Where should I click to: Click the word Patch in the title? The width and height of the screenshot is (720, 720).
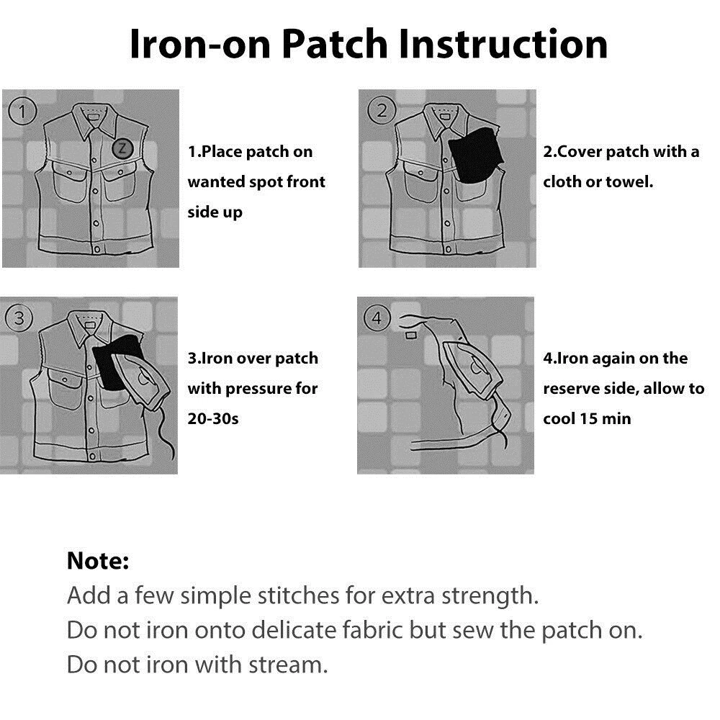click(336, 45)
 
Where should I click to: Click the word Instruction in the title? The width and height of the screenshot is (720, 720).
click(503, 45)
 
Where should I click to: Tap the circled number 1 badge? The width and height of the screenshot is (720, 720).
click(22, 111)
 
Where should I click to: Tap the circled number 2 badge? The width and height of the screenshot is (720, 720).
click(381, 110)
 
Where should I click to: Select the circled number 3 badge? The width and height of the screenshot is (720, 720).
click(19, 318)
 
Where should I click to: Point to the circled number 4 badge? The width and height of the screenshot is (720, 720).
click(377, 318)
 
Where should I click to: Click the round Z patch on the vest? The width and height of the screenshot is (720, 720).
click(122, 148)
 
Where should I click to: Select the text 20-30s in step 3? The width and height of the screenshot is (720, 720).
click(213, 419)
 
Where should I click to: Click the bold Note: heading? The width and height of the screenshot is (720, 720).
click(98, 561)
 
